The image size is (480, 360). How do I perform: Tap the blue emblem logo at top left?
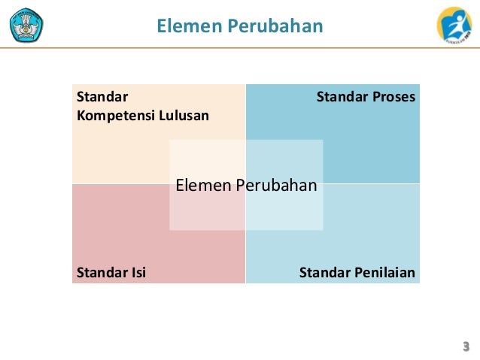[26, 26]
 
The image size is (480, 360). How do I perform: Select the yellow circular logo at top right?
[454, 25]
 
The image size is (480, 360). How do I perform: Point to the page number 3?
[466, 346]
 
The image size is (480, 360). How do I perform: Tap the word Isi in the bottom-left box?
[137, 272]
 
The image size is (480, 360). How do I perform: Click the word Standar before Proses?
[342, 97]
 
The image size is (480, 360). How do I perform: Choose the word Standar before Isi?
[102, 272]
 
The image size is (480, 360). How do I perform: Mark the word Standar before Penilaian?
[325, 272]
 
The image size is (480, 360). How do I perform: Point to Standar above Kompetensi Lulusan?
[102, 97]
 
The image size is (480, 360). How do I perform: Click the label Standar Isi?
[111, 272]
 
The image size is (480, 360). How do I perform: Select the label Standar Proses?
[366, 97]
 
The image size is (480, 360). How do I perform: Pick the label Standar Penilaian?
[357, 272]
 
